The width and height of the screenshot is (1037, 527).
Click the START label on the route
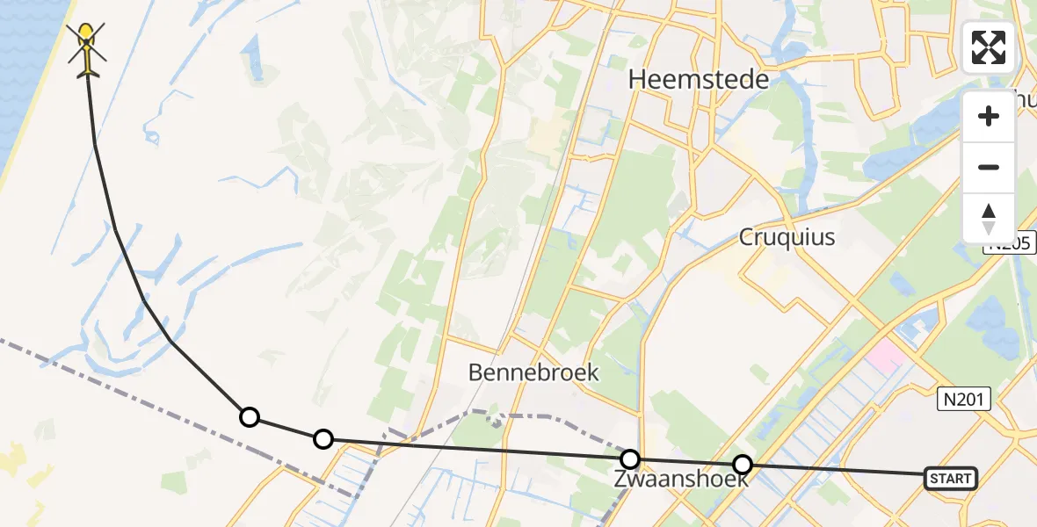point(950,479)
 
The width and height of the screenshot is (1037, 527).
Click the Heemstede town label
point(699,80)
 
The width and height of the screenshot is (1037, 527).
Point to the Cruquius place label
point(787,237)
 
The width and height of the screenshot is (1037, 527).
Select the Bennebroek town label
point(533,372)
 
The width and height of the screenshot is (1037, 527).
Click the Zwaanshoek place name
point(681,480)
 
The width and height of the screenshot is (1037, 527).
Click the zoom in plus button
point(989,116)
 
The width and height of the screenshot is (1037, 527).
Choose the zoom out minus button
point(989,167)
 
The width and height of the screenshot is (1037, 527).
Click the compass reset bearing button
point(989,218)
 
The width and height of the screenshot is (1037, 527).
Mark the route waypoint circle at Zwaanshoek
point(630,458)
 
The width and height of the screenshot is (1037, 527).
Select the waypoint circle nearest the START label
point(743,465)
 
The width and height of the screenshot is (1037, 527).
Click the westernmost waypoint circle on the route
point(250,416)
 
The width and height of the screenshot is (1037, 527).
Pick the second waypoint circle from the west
point(323,438)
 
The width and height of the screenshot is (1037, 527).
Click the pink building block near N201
point(886,356)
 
